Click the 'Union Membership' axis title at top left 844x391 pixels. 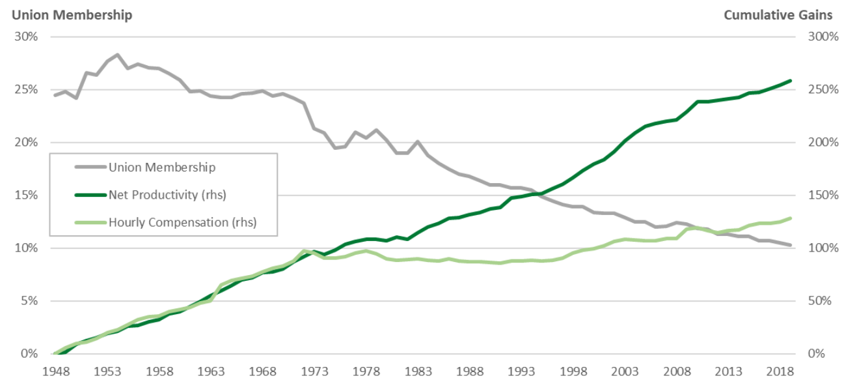click(72, 15)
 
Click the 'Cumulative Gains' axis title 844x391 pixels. click(778, 15)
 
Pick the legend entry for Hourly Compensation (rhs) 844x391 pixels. click(182, 222)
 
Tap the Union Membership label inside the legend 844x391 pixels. click(161, 167)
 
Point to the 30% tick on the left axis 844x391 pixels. click(26, 36)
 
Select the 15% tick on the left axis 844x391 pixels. click(26, 195)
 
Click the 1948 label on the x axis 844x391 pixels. click(55, 372)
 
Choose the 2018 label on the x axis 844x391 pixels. click(780, 372)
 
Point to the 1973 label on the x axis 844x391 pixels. click(314, 372)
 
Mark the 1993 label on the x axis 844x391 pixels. click(521, 372)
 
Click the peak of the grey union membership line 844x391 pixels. click(117, 55)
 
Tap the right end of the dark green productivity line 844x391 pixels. click(790, 81)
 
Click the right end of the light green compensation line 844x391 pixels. click(790, 218)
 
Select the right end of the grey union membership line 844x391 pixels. click(790, 245)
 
